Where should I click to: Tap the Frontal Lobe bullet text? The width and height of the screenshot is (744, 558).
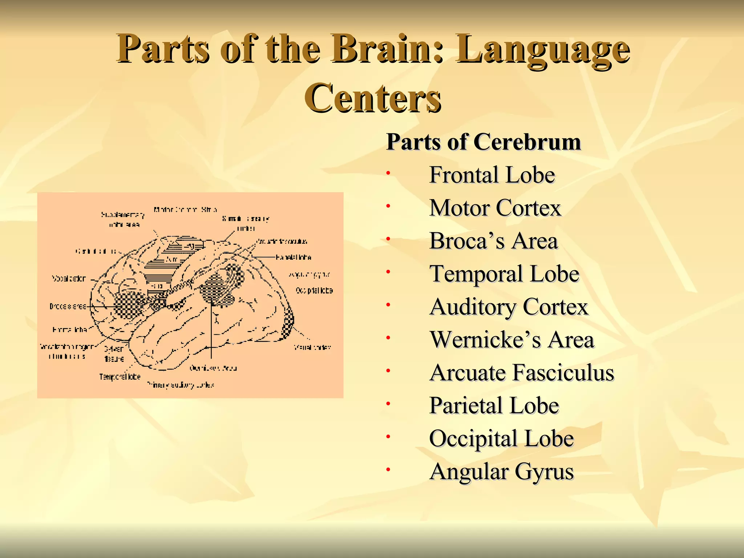pos(492,175)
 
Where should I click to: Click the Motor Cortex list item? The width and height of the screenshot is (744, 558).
pos(495,208)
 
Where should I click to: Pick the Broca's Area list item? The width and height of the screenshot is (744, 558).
pos(493,241)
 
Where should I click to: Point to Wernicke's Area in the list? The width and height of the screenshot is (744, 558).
pos(511,340)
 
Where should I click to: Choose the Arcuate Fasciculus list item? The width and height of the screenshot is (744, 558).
pos(521,373)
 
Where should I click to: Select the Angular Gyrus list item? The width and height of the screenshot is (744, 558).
pos(501,472)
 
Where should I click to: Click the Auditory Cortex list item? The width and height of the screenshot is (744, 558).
pos(509,307)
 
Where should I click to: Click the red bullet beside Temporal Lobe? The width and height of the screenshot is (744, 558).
pos(388,272)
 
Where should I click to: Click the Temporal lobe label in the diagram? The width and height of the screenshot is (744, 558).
pos(120,377)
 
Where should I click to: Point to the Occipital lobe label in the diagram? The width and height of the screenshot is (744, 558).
pos(314,290)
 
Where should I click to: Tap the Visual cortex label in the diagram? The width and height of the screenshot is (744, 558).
pos(312,347)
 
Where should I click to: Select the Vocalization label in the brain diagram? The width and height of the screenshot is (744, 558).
pos(69,279)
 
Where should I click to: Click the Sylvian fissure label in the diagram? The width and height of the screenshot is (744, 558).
pos(114,354)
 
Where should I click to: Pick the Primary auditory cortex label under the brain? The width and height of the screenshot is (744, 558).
pos(180,385)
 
